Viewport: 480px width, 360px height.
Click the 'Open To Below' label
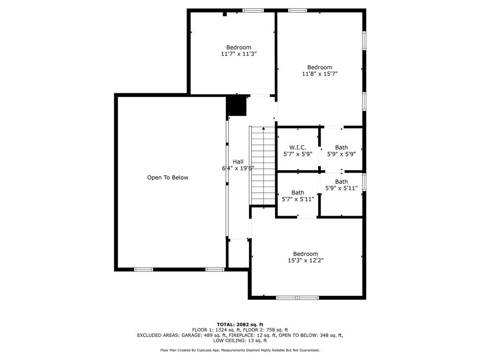click(x=167, y=178)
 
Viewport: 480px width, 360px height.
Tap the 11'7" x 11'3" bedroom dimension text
click(x=239, y=54)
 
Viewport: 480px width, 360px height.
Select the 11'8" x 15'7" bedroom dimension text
click(x=320, y=74)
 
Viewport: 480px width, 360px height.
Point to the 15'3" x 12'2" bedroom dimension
click(x=306, y=261)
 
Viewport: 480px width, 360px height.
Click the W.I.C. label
click(x=298, y=147)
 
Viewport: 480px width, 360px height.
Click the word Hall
click(x=238, y=162)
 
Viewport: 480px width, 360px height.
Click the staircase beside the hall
click(x=263, y=166)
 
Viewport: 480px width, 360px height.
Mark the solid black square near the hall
click(x=236, y=106)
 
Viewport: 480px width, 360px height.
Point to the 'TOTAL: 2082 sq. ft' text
click(x=240, y=324)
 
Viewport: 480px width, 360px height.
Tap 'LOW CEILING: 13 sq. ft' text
click(x=240, y=341)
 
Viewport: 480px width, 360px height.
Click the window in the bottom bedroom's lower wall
click(x=297, y=297)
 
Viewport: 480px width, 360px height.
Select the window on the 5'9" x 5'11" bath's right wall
click(x=364, y=182)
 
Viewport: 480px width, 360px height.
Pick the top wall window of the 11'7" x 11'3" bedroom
click(x=253, y=10)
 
